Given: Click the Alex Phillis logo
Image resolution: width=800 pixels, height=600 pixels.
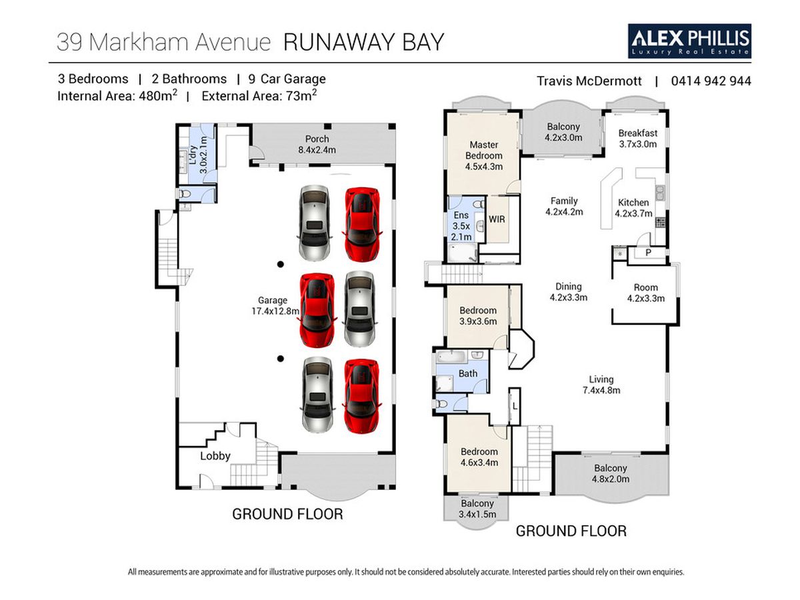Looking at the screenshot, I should click(690, 41).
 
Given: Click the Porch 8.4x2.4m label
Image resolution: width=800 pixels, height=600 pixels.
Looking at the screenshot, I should click(317, 144).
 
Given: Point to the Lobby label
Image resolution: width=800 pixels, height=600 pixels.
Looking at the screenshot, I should click(215, 456).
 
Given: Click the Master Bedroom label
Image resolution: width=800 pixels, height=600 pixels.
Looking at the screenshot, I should click(485, 155).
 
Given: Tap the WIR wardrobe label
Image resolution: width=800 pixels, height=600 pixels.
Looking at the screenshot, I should click(497, 219).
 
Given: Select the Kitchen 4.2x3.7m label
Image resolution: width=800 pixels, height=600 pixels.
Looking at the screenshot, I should click(633, 208).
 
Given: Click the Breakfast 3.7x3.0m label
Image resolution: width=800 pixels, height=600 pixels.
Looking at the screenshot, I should click(637, 138).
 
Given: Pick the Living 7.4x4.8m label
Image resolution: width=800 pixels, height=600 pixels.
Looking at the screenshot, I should click(601, 385).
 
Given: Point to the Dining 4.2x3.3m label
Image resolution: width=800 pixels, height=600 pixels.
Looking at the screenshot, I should click(568, 292).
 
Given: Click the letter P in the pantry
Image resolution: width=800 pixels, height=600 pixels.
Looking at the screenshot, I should click(647, 253).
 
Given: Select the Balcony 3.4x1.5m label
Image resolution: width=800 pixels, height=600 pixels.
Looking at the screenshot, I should click(477, 509).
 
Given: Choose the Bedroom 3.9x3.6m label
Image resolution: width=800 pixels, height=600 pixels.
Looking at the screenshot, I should click(478, 316).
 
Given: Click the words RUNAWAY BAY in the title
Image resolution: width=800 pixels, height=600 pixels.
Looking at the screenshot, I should click(364, 42).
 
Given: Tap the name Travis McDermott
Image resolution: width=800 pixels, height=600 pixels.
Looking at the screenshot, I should click(589, 81).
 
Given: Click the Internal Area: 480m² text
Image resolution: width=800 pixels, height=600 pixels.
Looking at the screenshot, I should click(117, 95).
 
